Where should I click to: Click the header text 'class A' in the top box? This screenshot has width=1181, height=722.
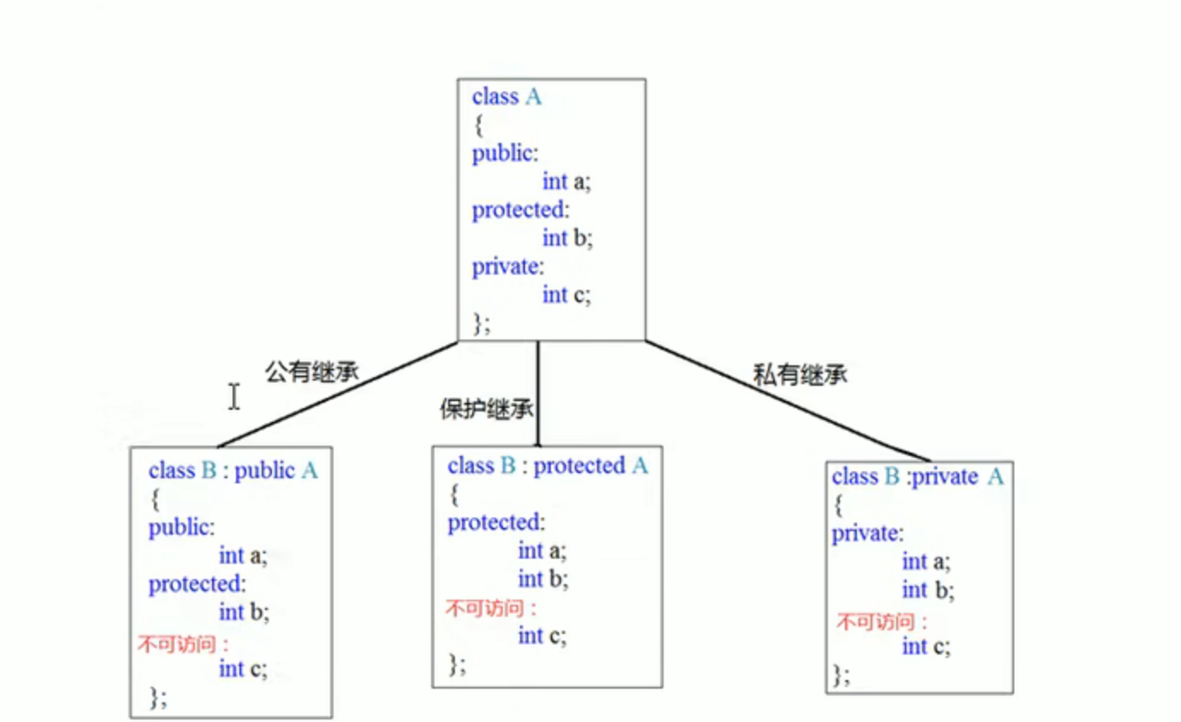tap(506, 97)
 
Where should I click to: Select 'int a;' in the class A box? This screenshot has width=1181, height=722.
tap(566, 181)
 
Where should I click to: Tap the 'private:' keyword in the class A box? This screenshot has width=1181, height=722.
tap(508, 266)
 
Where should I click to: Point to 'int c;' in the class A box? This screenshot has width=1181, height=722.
tap(566, 295)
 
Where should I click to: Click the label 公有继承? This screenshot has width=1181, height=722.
tap(312, 372)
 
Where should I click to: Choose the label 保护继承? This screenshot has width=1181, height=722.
tap(487, 409)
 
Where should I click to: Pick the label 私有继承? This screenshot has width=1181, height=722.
tap(800, 374)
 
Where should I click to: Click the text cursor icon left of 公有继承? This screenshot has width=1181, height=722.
tap(233, 396)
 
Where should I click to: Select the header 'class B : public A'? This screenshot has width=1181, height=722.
tap(233, 470)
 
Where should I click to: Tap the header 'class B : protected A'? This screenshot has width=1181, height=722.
tap(547, 466)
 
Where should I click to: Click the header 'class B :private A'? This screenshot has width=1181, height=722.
tap(917, 476)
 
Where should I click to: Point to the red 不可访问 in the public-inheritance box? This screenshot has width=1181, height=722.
tap(182, 643)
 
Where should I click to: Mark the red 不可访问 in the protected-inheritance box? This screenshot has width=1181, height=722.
tap(491, 609)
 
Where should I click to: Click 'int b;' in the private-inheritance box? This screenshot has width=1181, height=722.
tap(928, 590)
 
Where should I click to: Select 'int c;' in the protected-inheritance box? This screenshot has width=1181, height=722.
tap(542, 636)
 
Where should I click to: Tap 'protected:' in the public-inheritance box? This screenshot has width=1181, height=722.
tap(197, 585)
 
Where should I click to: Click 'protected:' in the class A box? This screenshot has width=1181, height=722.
tap(520, 210)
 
